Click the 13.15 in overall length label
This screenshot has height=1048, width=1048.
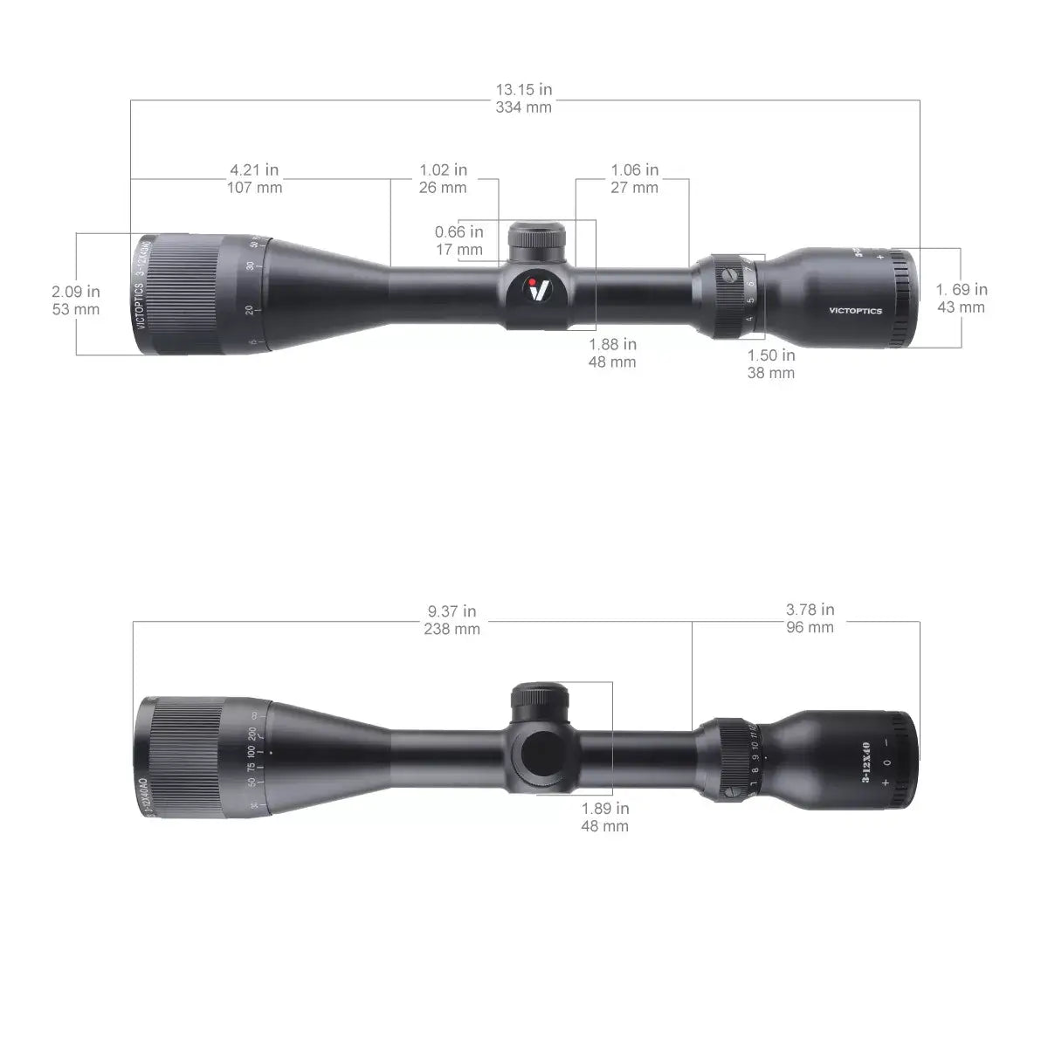pos(524,89)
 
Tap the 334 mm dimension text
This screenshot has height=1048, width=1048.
pos(524,107)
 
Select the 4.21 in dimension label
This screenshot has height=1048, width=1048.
pos(254,169)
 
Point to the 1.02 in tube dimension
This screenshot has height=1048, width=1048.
pos(443,169)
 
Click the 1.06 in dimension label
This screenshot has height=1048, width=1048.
pos(634,169)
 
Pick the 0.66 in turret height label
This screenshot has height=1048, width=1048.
pos(458,232)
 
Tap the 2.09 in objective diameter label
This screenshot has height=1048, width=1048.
pos(75,291)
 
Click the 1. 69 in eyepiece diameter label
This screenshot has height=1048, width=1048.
pos(962,289)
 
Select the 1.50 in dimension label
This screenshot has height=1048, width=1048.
pos(771,355)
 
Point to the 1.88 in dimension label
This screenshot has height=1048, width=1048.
pos(612,344)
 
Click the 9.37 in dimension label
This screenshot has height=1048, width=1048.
pos(452,610)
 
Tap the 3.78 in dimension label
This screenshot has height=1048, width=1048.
pos(810,609)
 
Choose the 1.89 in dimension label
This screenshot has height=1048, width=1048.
pos(605,808)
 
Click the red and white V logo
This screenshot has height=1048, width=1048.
pos(540,288)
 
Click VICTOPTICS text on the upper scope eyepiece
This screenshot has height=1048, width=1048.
pos(855,310)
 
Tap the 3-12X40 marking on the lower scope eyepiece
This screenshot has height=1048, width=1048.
pos(865,762)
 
